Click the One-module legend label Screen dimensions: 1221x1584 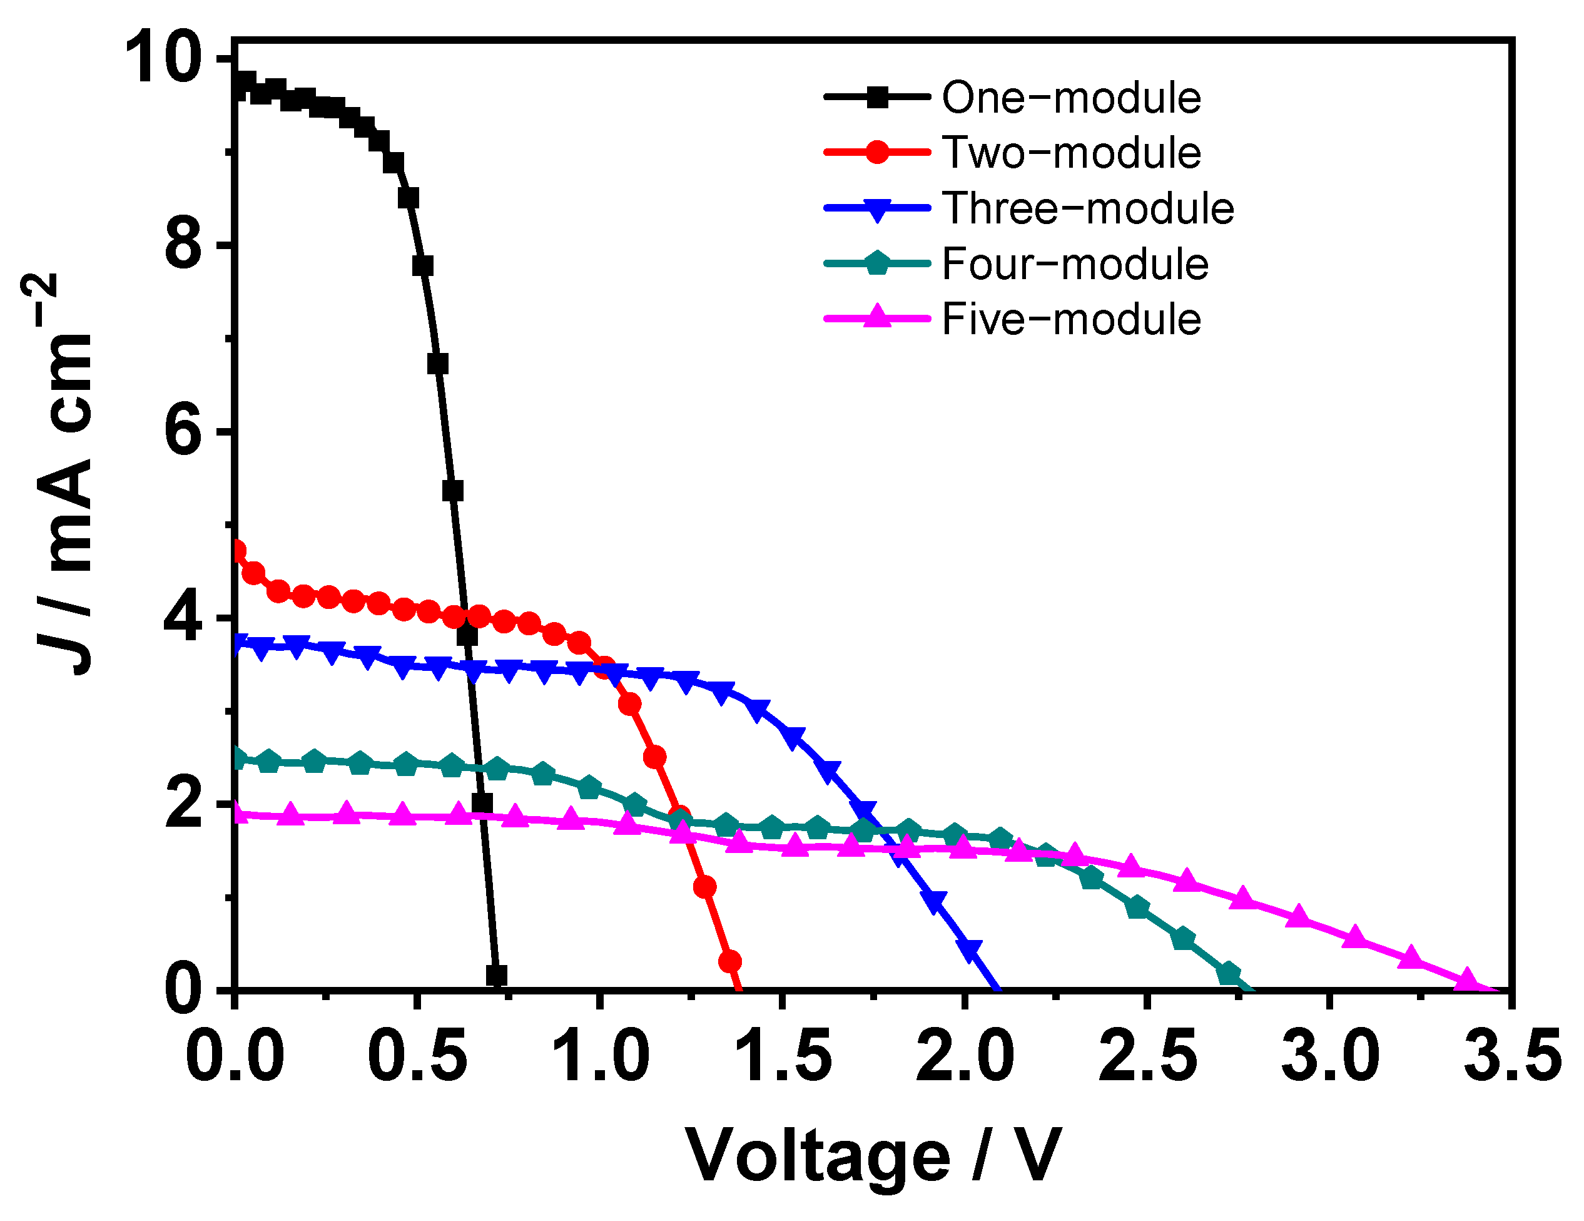(1070, 97)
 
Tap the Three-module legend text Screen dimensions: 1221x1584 (1087, 208)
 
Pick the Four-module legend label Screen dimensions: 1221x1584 (1074, 263)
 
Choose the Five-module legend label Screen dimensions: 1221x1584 (1070, 319)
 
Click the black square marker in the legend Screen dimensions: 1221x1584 (877, 96)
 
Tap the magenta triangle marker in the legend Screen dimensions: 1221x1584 (877, 317)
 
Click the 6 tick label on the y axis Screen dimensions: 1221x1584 (183, 432)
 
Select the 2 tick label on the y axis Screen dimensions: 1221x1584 (183, 805)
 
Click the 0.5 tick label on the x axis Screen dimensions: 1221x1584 (416, 1057)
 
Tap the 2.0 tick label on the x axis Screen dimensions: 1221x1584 (964, 1057)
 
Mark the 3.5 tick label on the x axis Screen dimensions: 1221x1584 (1511, 1057)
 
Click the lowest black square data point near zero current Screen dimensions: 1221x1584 (496, 975)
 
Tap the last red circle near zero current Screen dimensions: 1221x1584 (729, 962)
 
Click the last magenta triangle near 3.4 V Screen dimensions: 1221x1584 (1466, 979)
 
